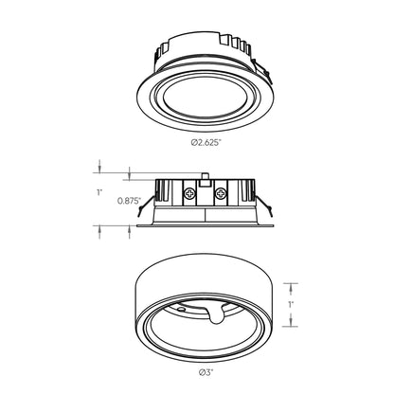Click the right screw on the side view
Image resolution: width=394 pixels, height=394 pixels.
[x=220, y=194]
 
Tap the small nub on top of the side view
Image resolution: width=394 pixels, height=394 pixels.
[x=205, y=176]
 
